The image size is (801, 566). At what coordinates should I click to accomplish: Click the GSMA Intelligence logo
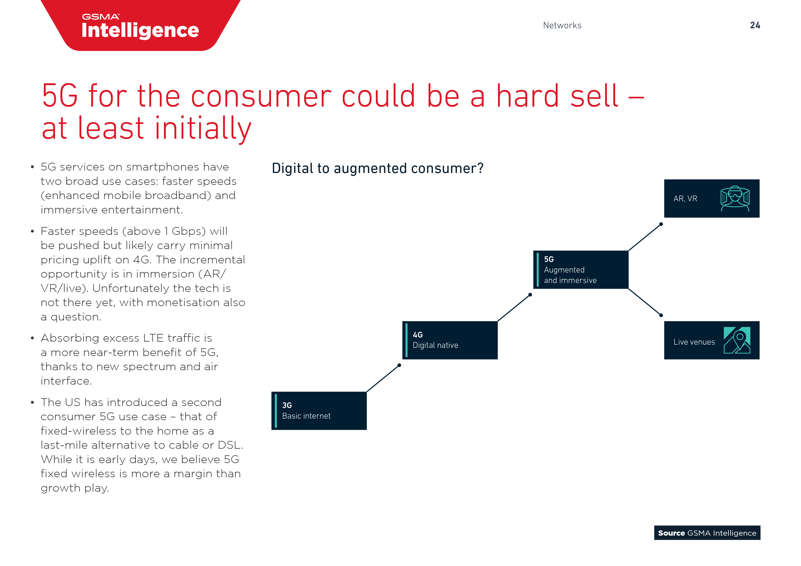[140, 26]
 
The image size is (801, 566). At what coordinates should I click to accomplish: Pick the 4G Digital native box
[450, 340]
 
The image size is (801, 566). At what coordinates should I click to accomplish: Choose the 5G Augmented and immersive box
[580, 270]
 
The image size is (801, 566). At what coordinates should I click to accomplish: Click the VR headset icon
[735, 198]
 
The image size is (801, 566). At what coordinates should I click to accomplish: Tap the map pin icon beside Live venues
[737, 340]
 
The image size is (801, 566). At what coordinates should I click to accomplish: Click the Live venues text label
[694, 342]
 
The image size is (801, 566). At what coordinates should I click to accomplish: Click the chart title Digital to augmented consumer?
[377, 168]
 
